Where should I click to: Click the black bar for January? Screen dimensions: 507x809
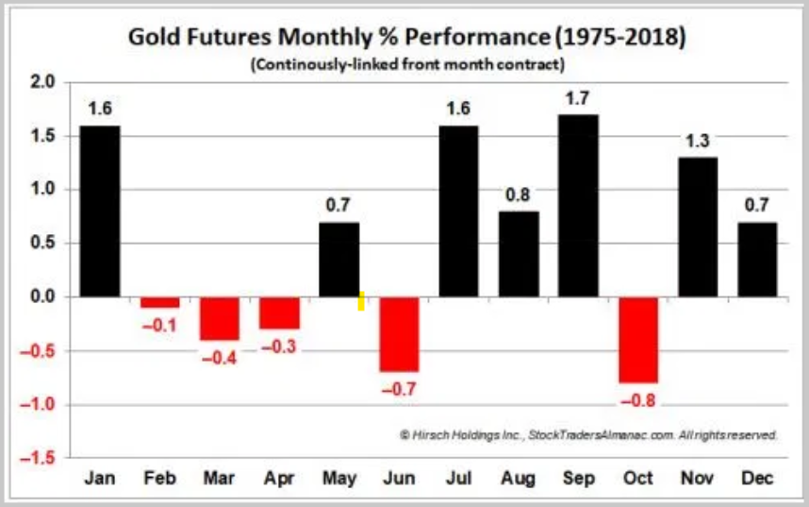tap(101, 211)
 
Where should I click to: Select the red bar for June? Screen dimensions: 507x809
tap(399, 334)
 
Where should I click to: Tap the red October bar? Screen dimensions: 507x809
tap(637, 340)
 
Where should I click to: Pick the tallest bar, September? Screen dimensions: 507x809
tap(578, 206)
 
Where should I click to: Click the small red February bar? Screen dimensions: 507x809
tap(160, 303)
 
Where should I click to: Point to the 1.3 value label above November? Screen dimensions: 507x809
tap(697, 140)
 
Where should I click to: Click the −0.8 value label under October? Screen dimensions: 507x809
tap(638, 399)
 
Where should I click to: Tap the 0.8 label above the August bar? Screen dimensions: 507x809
tap(519, 194)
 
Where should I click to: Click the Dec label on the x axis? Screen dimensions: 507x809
tap(756, 479)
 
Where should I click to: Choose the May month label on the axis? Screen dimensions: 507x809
tap(339, 479)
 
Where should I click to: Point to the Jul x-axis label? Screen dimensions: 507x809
tap(459, 479)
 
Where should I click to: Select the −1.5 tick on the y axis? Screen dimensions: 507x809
tap(41, 459)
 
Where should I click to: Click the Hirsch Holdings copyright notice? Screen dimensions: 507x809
tap(588, 435)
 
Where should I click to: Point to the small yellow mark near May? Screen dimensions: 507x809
tap(361, 300)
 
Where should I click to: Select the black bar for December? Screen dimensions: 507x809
tap(756, 260)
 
